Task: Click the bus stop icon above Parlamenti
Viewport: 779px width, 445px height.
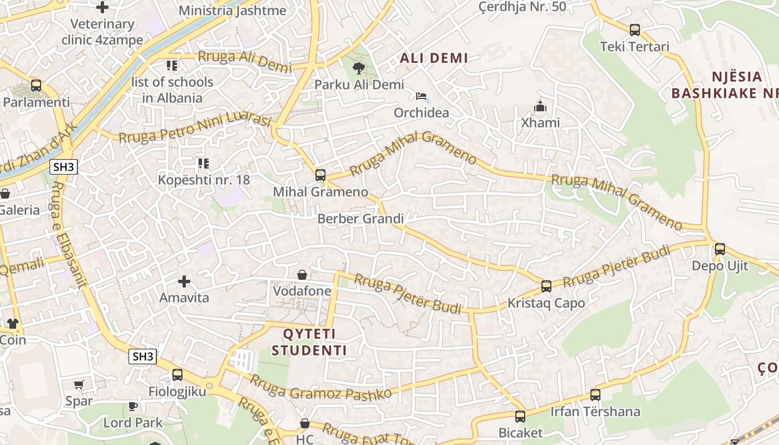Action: tap(36, 86)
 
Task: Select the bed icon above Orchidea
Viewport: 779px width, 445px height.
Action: tap(421, 97)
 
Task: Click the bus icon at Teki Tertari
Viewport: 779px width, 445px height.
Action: tap(634, 30)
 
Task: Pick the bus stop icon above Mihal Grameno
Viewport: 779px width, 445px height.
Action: tap(320, 175)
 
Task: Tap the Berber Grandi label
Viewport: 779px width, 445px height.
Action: tap(361, 219)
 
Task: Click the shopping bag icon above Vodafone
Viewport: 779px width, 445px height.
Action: tap(302, 275)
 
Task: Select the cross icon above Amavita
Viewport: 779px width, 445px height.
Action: tap(184, 281)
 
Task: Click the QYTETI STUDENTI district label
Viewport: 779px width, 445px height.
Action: tap(309, 342)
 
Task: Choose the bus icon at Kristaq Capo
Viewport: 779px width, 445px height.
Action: tap(546, 286)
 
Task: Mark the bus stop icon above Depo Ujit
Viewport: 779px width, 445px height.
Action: tap(720, 249)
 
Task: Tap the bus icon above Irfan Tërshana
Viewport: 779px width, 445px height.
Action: tap(595, 395)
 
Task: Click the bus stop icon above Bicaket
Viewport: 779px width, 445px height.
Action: tap(520, 416)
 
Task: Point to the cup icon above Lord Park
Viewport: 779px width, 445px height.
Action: tap(133, 406)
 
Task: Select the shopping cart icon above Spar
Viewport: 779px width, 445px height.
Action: tap(79, 384)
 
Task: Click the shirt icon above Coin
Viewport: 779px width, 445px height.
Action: tap(12, 323)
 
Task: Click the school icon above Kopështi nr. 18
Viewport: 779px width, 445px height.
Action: tap(203, 164)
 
